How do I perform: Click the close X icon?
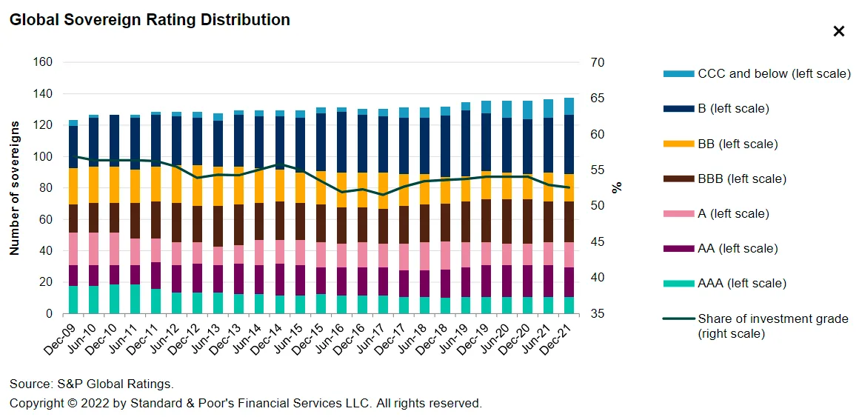(x=839, y=31)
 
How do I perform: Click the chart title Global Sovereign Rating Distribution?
(x=150, y=20)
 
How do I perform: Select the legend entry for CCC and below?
(x=772, y=74)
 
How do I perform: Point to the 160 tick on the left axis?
(x=43, y=62)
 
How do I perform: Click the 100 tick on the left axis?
(x=43, y=157)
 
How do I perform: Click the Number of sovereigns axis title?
(x=14, y=187)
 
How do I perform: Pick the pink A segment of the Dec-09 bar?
(x=73, y=249)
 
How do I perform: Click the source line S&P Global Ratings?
(x=91, y=384)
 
